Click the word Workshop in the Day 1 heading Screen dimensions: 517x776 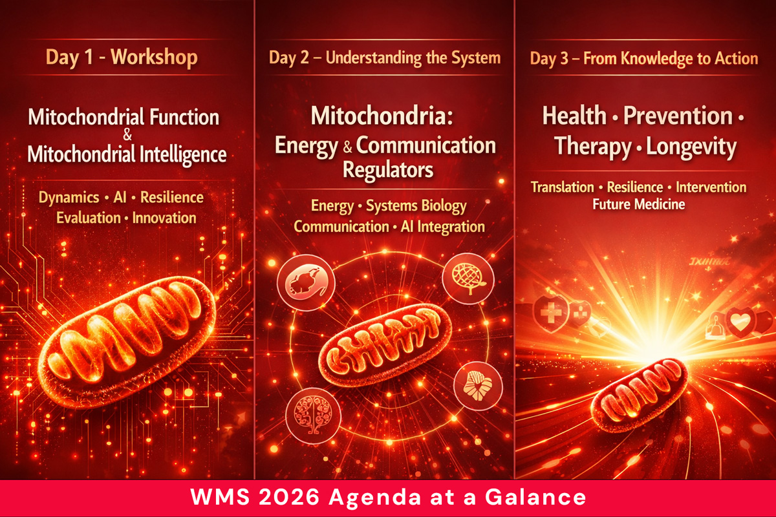pos(154,58)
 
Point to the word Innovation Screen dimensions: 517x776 pos(164,218)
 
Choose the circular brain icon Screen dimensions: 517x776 pos(308,410)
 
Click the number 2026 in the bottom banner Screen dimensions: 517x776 pos(309,498)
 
